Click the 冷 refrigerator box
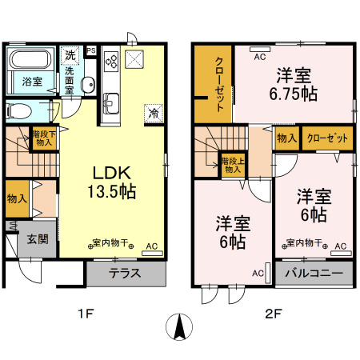point(153,114)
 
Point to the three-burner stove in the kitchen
point(111,60)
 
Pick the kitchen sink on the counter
point(111,102)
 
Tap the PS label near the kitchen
point(91,50)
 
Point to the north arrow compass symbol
point(180,326)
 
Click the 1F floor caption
point(86,313)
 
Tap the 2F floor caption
point(273,313)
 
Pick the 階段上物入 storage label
point(232,166)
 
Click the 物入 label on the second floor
point(286,138)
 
